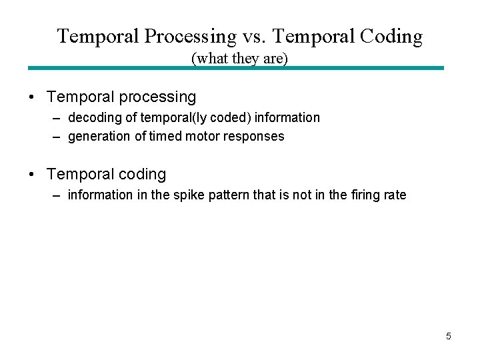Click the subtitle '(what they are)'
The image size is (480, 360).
239,59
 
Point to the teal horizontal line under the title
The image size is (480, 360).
235,68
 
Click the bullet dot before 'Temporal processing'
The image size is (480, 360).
33,97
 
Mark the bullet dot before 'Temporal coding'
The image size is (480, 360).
33,175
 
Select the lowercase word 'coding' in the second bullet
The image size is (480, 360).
141,175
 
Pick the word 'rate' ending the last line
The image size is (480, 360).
395,195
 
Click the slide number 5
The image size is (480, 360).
448,336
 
